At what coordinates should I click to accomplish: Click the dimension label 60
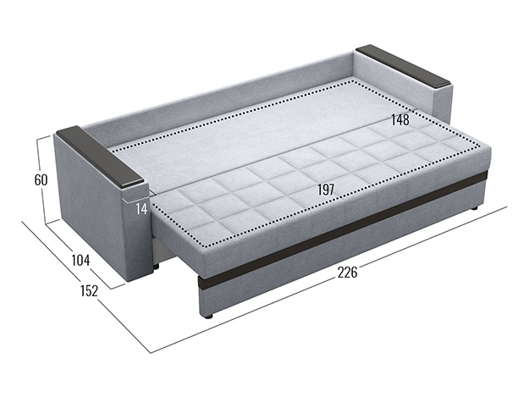(41, 180)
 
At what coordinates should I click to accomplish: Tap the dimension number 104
(81, 261)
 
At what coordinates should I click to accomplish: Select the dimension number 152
(90, 290)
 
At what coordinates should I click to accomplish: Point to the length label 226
(347, 273)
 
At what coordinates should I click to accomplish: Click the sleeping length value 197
(326, 190)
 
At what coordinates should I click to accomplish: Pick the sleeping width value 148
(400, 119)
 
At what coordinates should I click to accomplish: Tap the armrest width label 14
(141, 209)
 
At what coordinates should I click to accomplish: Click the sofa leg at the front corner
(208, 317)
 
